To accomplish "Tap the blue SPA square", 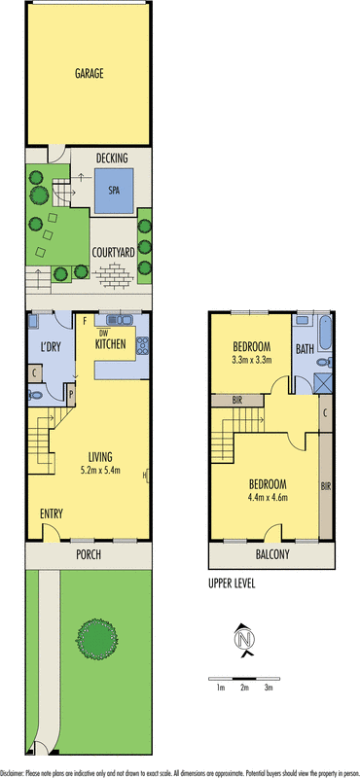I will pos(113,191).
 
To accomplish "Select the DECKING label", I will pos(120,158).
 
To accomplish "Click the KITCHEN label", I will pos(114,343).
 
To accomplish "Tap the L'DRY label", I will pos(51,348).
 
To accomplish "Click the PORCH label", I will pos(89,555).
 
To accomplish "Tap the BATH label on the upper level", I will pos(305,348).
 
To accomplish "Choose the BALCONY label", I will pos(272,554).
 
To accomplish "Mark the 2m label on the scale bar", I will pos(244,688).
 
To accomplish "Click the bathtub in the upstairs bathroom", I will pos(325,336).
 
